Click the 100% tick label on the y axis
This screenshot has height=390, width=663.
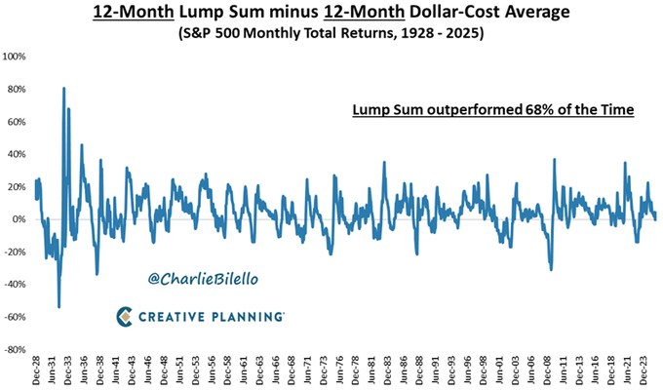(16, 57)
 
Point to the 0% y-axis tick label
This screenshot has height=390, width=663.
(20, 219)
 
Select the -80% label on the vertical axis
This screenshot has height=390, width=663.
(17, 349)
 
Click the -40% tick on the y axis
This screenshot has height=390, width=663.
(17, 285)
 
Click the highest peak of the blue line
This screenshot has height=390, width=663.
(63, 89)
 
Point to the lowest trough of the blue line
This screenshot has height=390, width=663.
(58, 307)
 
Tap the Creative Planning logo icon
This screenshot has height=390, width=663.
(125, 316)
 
